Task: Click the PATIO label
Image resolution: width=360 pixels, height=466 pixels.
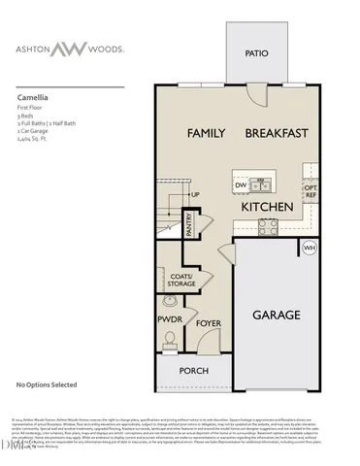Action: (x=256, y=54)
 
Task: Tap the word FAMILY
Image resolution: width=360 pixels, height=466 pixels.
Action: (x=206, y=132)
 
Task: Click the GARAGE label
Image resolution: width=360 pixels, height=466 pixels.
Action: (x=277, y=316)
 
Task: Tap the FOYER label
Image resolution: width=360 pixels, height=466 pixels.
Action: (x=210, y=322)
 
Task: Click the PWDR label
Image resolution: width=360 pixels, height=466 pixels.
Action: (x=171, y=317)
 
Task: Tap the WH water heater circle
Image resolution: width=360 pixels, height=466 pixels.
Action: (x=310, y=249)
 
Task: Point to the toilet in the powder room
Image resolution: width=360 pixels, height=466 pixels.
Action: (x=171, y=339)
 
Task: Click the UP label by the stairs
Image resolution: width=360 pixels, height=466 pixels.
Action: (x=194, y=194)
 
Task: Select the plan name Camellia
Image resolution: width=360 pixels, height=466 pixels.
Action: (x=34, y=98)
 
